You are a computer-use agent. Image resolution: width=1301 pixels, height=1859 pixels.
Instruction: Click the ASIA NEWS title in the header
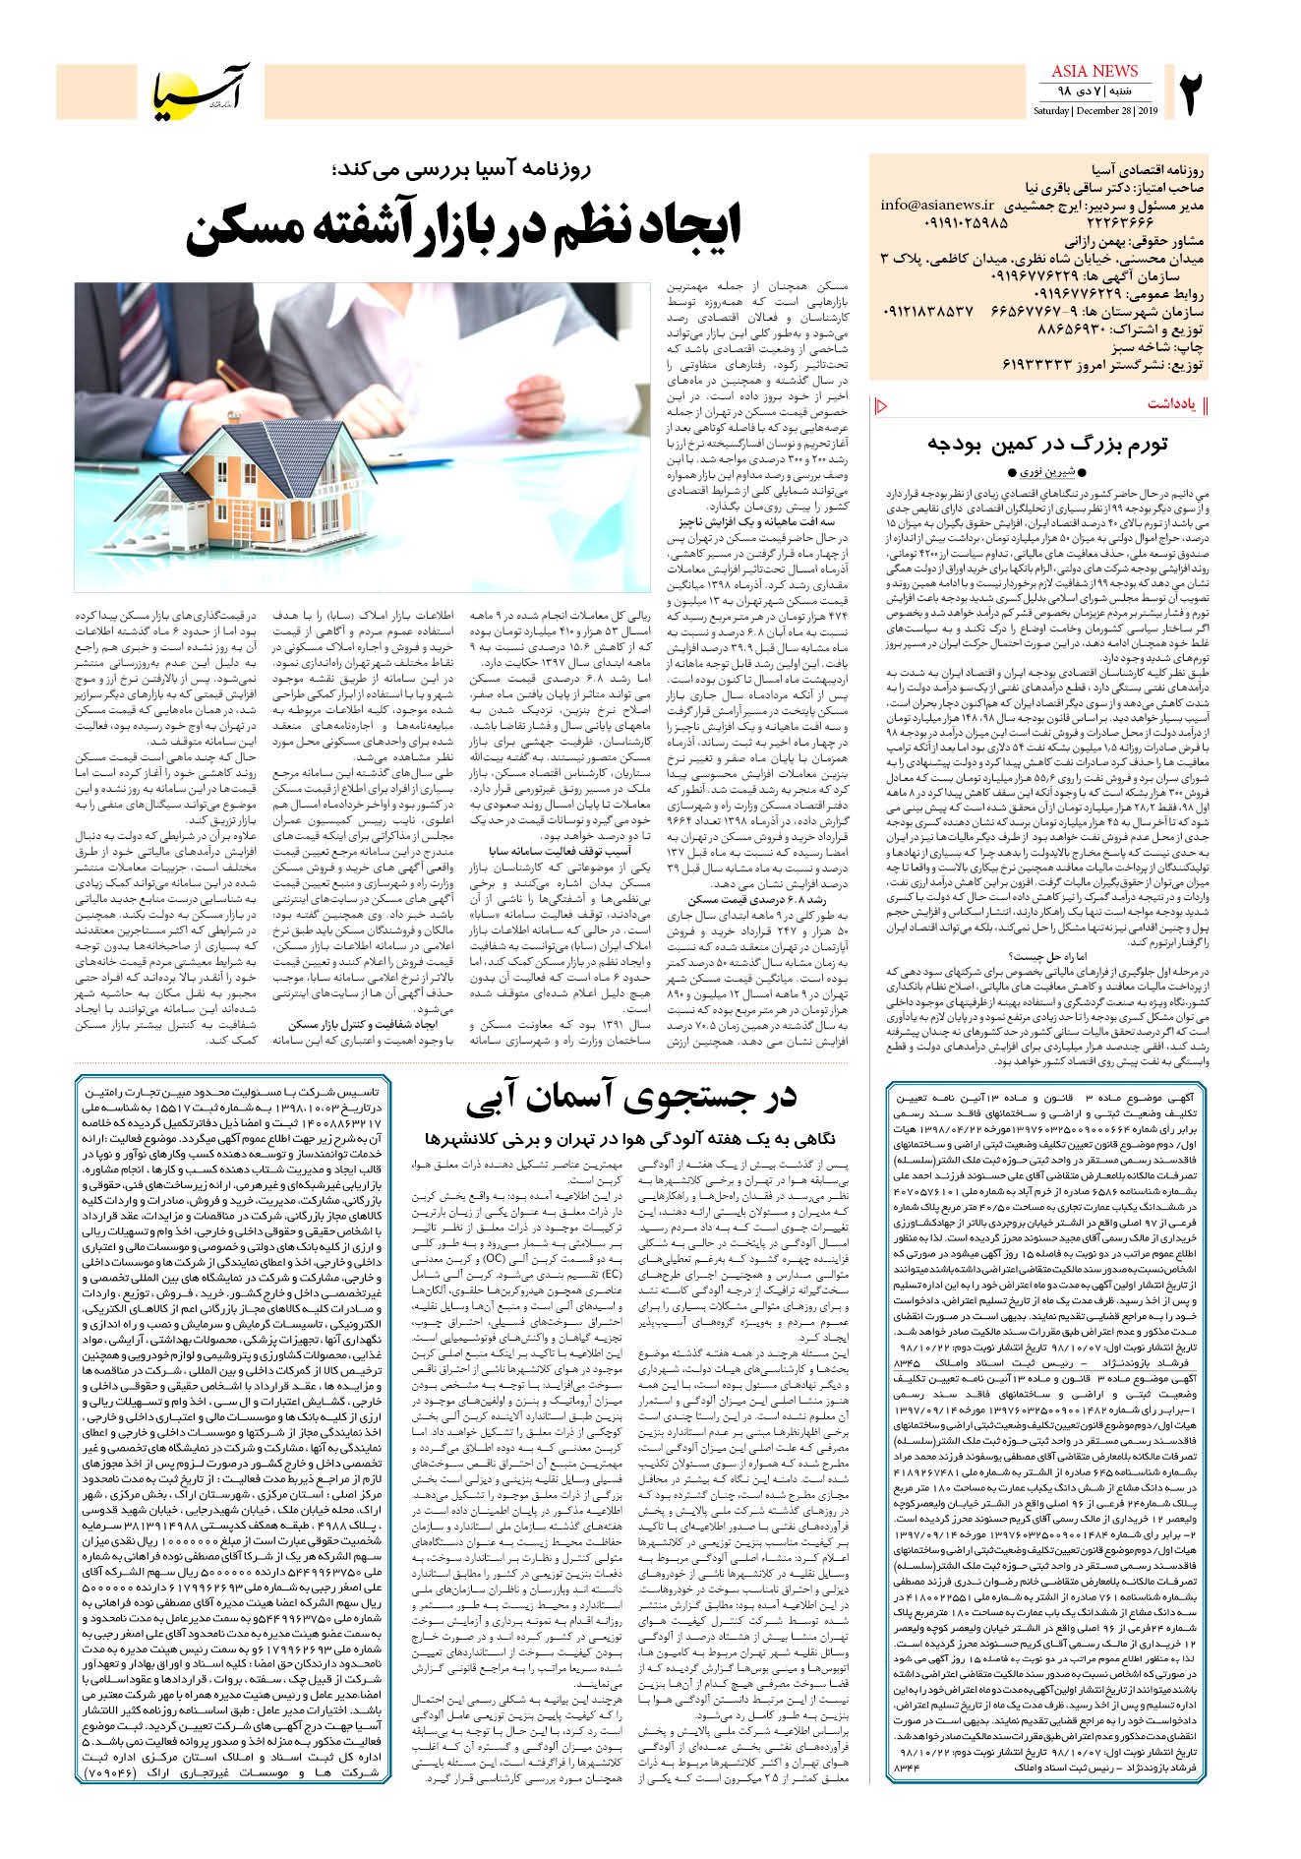[1094, 71]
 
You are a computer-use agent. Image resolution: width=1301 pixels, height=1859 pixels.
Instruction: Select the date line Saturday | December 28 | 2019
[1094, 111]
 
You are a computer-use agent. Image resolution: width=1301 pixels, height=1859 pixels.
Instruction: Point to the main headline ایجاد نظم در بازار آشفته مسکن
[462, 226]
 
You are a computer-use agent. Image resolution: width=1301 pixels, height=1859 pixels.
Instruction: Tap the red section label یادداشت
[1171, 404]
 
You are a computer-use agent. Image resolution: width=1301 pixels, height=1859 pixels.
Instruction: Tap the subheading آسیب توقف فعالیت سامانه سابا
[560, 851]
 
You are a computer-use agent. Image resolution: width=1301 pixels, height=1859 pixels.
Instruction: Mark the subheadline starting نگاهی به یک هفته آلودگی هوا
[630, 1138]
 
